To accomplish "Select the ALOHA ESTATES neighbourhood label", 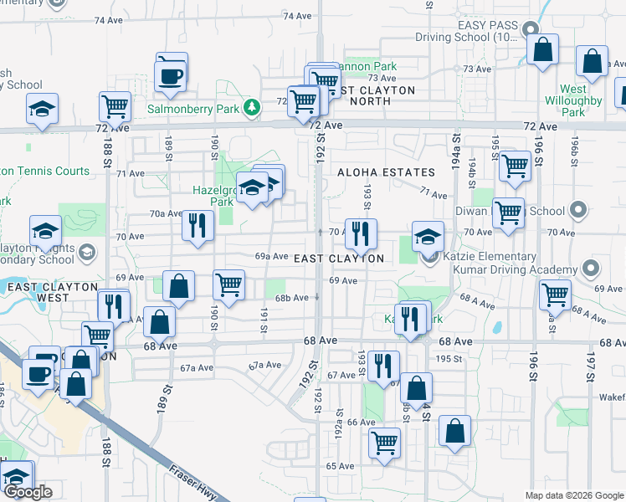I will (386, 172).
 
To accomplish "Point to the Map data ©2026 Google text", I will (574, 495).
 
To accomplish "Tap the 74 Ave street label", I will (297, 16).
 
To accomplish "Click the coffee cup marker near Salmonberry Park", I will (172, 74).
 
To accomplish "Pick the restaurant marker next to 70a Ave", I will (198, 226).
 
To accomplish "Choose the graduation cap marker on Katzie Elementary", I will (428, 237).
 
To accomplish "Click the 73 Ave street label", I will (476, 69).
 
